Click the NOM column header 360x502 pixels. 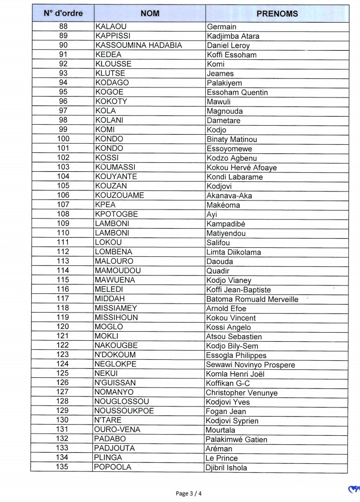tap(150, 14)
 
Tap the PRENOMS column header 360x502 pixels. tap(277, 14)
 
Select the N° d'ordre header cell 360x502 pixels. tap(63, 14)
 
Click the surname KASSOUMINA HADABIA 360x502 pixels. tap(139, 46)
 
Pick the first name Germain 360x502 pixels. tap(221, 27)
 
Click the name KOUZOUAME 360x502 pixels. tap(119, 195)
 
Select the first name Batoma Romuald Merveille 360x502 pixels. tap(252, 299)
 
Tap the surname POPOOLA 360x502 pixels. tap(112, 467)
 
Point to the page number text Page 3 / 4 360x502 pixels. tap(190, 493)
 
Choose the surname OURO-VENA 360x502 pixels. tap(117, 430)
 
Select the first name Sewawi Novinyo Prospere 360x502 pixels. tap(250, 365)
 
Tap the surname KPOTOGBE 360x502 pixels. tap(116, 215)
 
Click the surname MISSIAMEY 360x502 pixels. tap(115, 308)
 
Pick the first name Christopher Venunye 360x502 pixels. tap(242, 392)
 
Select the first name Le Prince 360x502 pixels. tap(222, 458)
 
